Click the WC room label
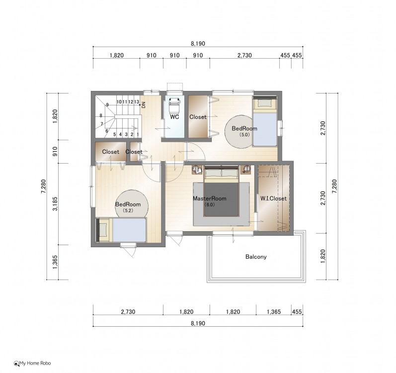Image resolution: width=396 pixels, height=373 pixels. click(x=174, y=117)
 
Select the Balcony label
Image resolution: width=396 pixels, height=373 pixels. click(x=256, y=257)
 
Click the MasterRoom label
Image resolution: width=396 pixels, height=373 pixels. click(x=210, y=198)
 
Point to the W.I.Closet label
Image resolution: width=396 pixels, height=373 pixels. click(x=273, y=198)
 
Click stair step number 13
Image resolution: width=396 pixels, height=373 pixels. click(x=137, y=102)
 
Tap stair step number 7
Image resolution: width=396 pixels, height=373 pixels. click(x=102, y=124)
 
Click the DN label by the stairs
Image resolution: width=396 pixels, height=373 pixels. click(x=144, y=105)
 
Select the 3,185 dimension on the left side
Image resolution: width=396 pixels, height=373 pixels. click(x=55, y=204)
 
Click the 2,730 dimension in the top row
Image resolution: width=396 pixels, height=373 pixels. click(x=244, y=55)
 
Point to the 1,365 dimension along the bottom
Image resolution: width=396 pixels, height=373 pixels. click(x=274, y=312)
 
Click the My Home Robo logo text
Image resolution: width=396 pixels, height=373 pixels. click(x=32, y=364)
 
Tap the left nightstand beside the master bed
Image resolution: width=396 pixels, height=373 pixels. click(x=197, y=169)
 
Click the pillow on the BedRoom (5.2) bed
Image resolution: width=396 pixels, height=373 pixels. click(x=103, y=230)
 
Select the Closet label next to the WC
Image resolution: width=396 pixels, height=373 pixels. click(x=198, y=117)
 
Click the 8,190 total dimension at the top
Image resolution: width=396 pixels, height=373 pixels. click(x=198, y=44)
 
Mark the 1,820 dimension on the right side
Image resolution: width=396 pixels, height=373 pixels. click(x=323, y=256)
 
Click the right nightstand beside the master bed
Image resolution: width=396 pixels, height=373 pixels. click(x=246, y=169)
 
